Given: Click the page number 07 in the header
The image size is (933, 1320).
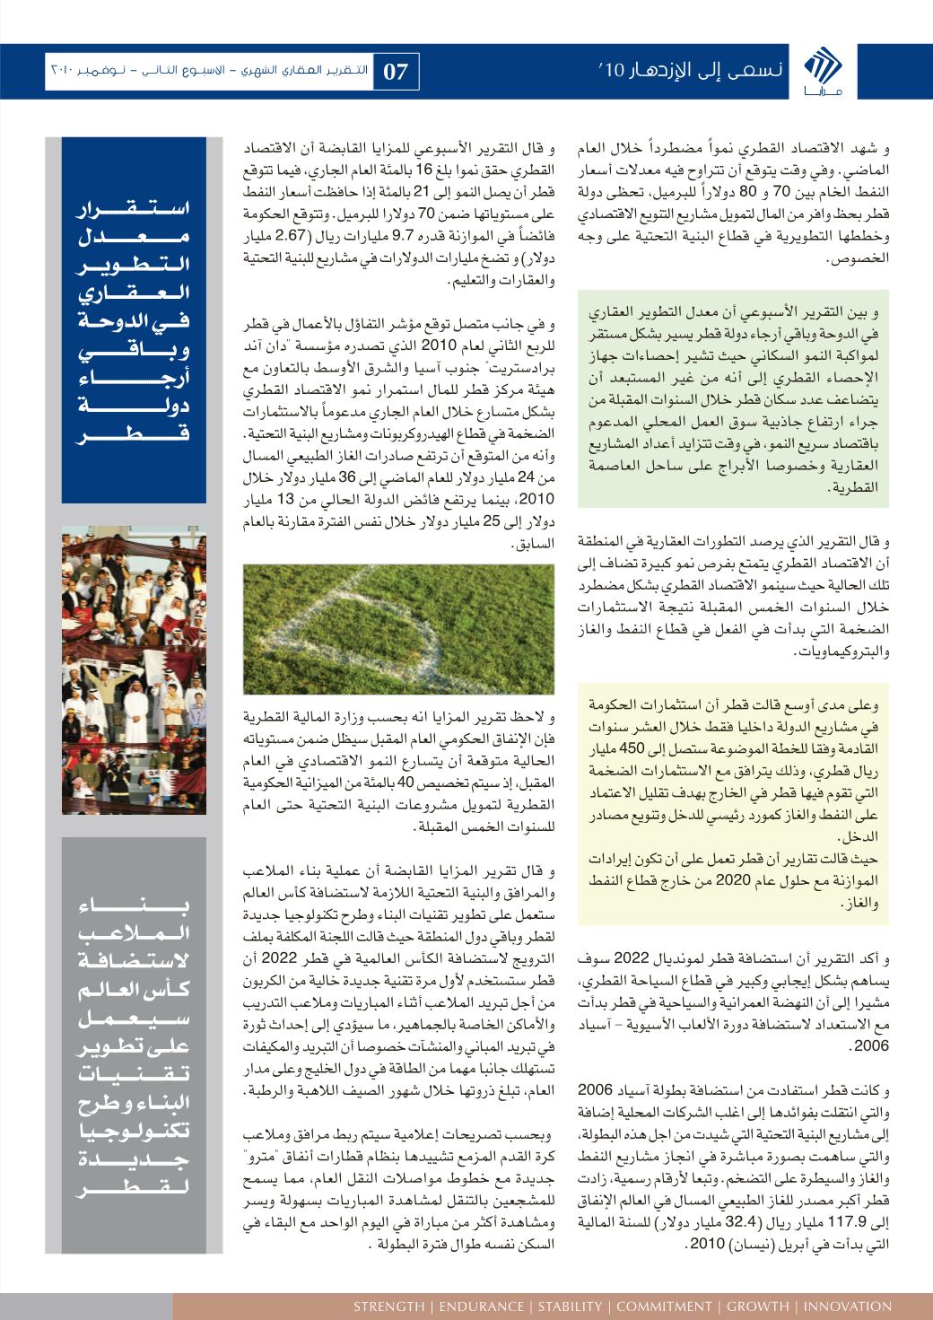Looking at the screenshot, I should pos(396,72).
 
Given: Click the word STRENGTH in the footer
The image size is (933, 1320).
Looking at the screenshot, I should pos(388,1306).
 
